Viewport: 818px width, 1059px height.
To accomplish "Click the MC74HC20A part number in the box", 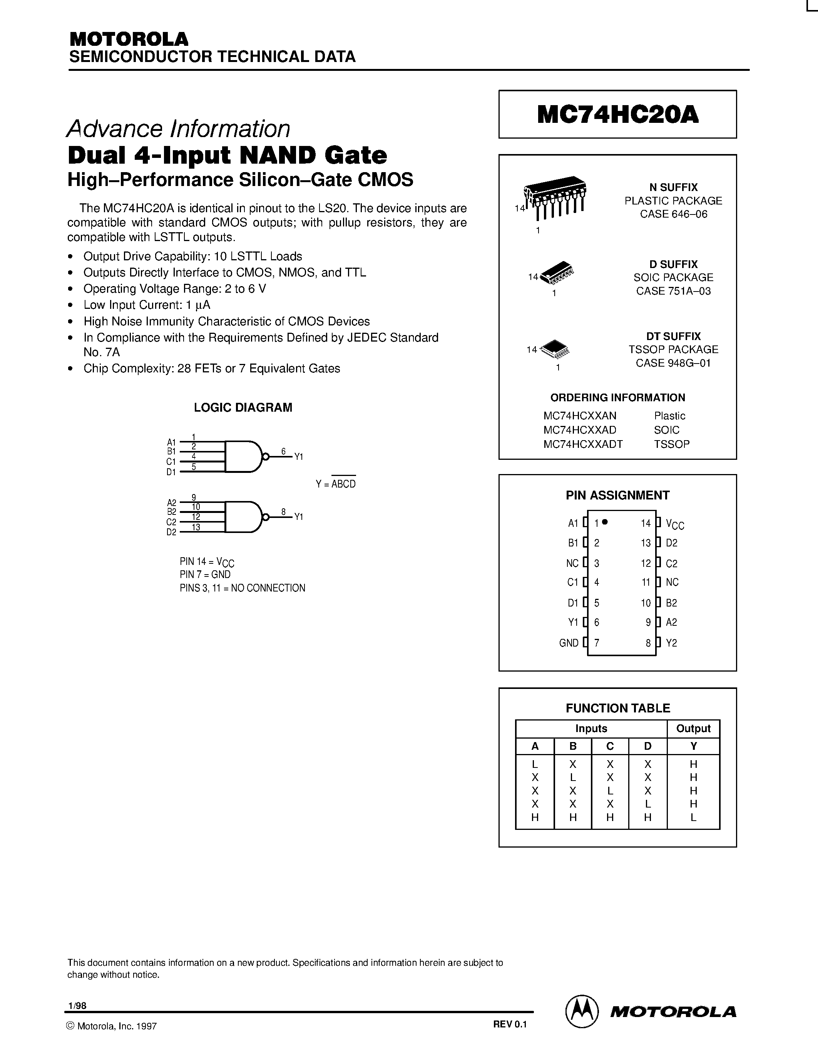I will coord(617,115).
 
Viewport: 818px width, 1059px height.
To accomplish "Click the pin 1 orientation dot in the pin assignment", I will coord(605,522).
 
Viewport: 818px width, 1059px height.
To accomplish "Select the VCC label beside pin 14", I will coord(674,524).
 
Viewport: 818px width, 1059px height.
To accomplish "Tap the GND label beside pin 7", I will coord(569,643).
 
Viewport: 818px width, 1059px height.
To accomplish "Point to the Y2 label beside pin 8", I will coord(671,643).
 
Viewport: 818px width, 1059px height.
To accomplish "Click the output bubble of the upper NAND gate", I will coord(265,456).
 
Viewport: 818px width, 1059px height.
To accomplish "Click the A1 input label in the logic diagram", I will coord(171,442).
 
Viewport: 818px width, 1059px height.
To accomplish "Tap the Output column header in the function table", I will coord(693,728).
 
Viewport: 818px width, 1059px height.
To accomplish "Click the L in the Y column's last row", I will coord(693,817).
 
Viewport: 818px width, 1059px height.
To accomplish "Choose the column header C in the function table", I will coord(610,746).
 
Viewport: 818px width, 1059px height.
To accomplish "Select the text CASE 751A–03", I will coord(673,291).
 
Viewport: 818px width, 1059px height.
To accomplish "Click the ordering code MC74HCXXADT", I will coord(582,444).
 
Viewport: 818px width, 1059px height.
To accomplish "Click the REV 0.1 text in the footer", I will coord(510,1024).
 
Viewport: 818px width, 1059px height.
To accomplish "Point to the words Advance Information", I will coord(178,129).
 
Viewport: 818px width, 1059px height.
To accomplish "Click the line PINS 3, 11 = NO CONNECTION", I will coord(242,588).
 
